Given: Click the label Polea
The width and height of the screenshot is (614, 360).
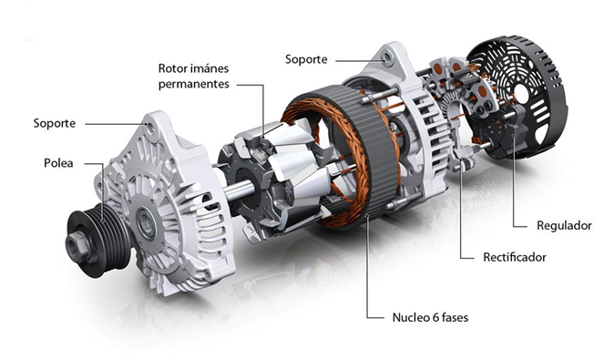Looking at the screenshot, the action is point(58,163).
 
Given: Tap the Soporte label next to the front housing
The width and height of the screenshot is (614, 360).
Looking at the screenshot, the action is point(55,123).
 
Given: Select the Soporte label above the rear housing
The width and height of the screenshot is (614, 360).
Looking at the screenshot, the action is point(306,59).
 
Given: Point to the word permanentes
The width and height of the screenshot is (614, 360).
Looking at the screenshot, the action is point(194,85).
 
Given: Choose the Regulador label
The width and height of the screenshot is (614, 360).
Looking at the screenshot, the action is point(564,226).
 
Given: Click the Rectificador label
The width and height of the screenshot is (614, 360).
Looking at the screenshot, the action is point(515,257).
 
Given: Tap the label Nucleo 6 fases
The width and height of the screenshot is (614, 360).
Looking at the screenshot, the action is point(430,317).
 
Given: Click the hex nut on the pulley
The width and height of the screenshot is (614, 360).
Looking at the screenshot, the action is point(77,246).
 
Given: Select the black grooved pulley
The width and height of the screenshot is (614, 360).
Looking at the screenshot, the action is point(97,242).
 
